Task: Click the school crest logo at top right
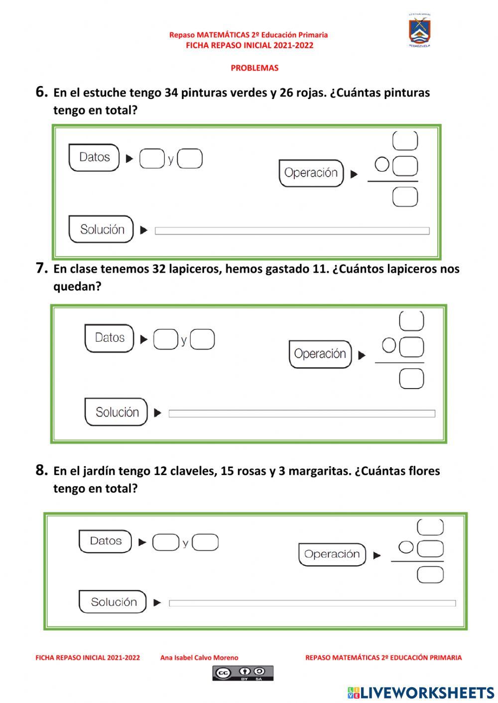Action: pos(420,31)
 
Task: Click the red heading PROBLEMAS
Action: pos(254,68)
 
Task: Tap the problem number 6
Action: pos(41,92)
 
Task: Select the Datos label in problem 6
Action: pos(94,157)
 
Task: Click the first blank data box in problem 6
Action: pos(152,159)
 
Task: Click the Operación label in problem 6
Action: pos(311,173)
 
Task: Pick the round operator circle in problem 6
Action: pos(382,165)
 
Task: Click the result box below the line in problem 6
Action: pos(405,198)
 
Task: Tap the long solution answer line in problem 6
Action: pos(292,231)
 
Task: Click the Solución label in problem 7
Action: pos(117,412)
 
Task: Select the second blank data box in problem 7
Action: pos(203,339)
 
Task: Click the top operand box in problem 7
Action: pos(411,321)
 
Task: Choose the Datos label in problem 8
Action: pos(106,541)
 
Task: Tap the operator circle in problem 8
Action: pos(406,547)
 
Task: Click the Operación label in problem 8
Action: pos(332,554)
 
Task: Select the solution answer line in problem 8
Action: pos(312,603)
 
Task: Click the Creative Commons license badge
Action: pos(243,673)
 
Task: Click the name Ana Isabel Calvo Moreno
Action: pos(199,658)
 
